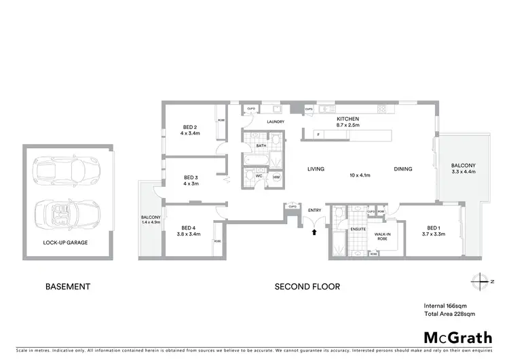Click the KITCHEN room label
(347, 118)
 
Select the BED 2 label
(190, 127)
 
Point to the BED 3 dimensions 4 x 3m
(190, 183)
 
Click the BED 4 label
(189, 228)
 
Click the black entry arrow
(314, 233)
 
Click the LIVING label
(316, 169)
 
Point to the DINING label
(404, 169)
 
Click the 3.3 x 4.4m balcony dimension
(464, 173)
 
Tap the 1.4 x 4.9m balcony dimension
(149, 222)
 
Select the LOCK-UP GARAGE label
(65, 242)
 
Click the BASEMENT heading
(67, 287)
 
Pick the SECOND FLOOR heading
(307, 287)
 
